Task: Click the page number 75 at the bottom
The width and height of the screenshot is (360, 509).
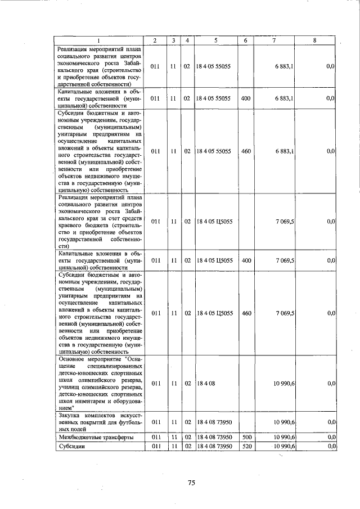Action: (x=191, y=483)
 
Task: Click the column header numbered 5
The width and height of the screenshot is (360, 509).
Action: (x=215, y=40)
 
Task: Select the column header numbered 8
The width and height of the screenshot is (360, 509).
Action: (x=314, y=40)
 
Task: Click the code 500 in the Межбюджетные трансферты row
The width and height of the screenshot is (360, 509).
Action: (x=246, y=437)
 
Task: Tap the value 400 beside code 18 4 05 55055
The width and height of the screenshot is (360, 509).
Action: (x=246, y=98)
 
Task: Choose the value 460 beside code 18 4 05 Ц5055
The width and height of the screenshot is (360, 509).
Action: (x=246, y=313)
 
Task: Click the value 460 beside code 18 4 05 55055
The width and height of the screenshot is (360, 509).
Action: (x=246, y=151)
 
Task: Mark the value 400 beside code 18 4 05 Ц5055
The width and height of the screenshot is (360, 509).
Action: (x=246, y=260)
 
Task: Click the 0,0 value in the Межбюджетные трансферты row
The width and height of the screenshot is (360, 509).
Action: (x=330, y=437)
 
